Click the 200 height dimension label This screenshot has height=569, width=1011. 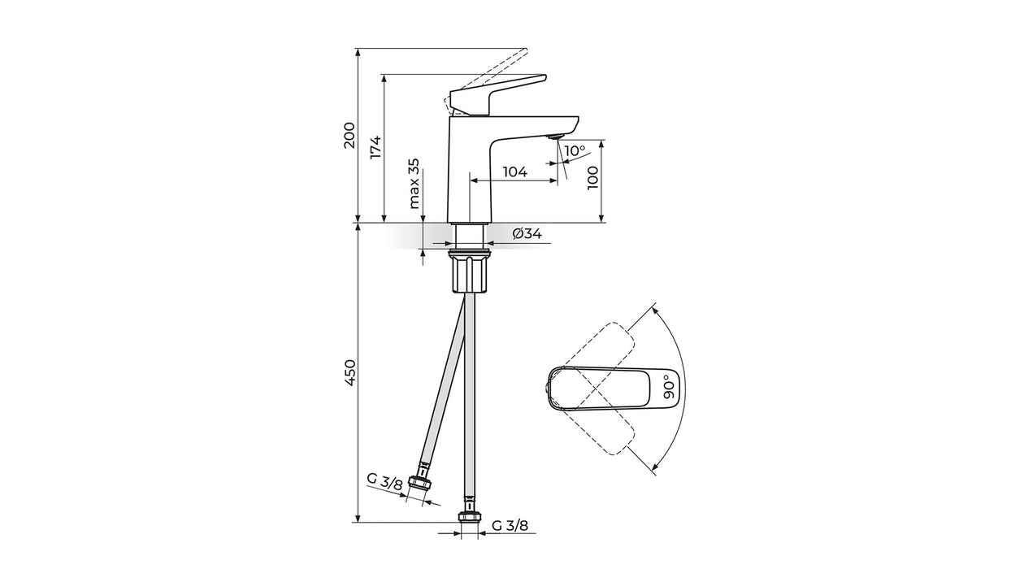click(x=349, y=135)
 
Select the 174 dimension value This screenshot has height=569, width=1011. click(x=375, y=147)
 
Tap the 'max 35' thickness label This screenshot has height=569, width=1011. click(x=414, y=184)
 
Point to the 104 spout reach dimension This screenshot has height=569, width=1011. click(x=514, y=172)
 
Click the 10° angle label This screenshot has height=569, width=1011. click(x=574, y=150)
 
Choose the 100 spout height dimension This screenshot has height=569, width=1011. click(x=592, y=178)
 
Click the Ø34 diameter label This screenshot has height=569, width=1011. click(x=527, y=234)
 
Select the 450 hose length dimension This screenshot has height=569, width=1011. click(x=349, y=372)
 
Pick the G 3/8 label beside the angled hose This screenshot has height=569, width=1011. click(x=384, y=482)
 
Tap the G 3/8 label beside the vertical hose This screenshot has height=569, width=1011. click(x=510, y=526)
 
